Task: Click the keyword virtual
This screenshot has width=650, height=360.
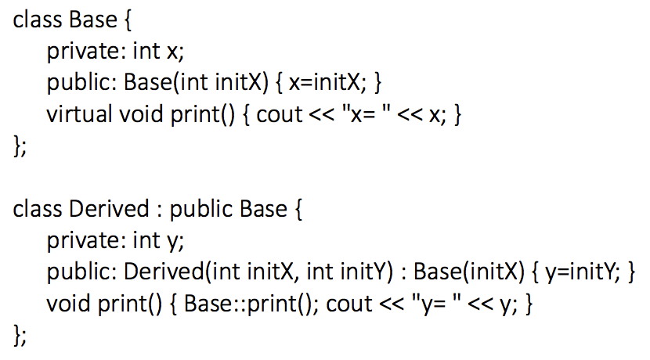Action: pyautogui.click(x=79, y=114)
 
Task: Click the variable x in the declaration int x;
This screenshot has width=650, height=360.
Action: pyautogui.click(x=172, y=52)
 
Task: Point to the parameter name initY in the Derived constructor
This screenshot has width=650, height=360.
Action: pyautogui.click(x=363, y=272)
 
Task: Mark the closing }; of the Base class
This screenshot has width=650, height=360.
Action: pyautogui.click(x=20, y=146)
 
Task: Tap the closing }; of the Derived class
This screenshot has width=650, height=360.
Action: pyautogui.click(x=20, y=335)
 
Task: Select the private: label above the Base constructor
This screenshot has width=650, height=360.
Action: pyautogui.click(x=83, y=52)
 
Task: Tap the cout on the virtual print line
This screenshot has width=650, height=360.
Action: pyautogui.click(x=280, y=114)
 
